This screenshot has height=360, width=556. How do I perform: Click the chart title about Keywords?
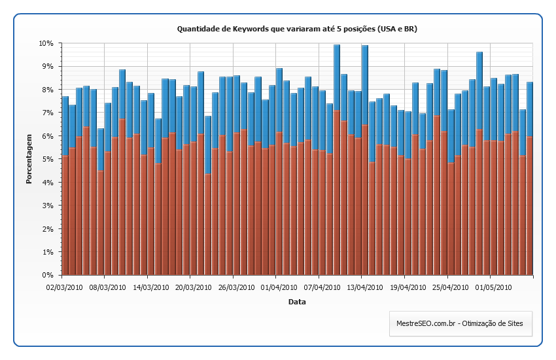(297, 29)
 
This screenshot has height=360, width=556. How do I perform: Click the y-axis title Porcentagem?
(29, 159)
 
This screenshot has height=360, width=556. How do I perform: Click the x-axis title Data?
(297, 302)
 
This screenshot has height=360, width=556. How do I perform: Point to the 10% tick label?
(45, 43)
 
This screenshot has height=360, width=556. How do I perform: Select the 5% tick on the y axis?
(47, 159)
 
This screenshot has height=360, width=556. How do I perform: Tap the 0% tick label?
(47, 276)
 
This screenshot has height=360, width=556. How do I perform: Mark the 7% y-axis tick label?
(47, 113)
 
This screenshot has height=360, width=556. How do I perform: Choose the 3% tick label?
(47, 206)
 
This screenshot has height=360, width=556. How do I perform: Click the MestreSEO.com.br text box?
(460, 323)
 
